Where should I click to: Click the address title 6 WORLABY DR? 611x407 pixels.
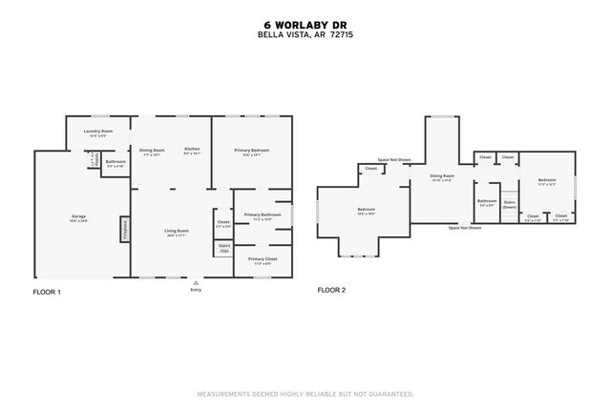coord(305,26)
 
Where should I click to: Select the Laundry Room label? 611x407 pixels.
coord(98,131)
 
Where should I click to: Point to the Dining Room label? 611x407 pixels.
coord(153,149)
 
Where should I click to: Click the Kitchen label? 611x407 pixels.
coord(192,149)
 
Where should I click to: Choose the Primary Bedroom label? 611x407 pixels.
coord(252,150)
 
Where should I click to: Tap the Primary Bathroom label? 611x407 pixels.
coord(262,214)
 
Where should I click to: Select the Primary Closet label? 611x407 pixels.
coord(262,258)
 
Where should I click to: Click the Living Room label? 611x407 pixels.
coord(176,231)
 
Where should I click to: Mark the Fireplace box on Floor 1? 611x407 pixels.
coord(124,230)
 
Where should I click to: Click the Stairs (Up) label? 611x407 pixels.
coord(224,248)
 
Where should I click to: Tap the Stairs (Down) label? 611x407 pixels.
coord(509,204)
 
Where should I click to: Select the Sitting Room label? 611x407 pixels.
coord(441,176)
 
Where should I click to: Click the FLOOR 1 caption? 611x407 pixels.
coord(48,291)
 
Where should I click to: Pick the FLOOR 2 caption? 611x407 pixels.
coord(331,290)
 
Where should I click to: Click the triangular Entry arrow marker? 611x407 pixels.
coord(195,282)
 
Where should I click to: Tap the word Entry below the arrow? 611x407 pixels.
coord(195,290)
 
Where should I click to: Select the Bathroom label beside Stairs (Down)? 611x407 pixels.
coord(487,200)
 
